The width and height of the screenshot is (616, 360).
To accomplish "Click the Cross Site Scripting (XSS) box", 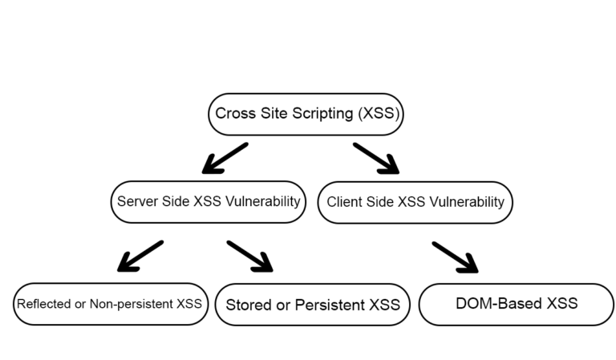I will coord(306,114).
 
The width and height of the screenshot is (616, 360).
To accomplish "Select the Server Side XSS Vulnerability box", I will coord(209,202).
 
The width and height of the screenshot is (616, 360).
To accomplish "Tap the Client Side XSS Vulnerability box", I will coord(415,202).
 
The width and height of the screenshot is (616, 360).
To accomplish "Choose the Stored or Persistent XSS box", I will coord(313,305).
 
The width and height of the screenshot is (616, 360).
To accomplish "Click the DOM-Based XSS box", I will coord(516,304).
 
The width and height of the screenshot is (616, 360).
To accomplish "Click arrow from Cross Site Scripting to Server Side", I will coord(225,158).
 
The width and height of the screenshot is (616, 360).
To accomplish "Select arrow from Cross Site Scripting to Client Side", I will coord(376,158).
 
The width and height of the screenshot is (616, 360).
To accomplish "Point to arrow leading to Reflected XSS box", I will coord(140,256).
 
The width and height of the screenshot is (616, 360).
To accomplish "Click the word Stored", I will coord(247,305).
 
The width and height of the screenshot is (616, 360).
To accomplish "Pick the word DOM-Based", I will coord(497,304).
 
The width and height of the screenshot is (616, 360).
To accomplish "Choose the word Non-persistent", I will coord(133,305).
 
